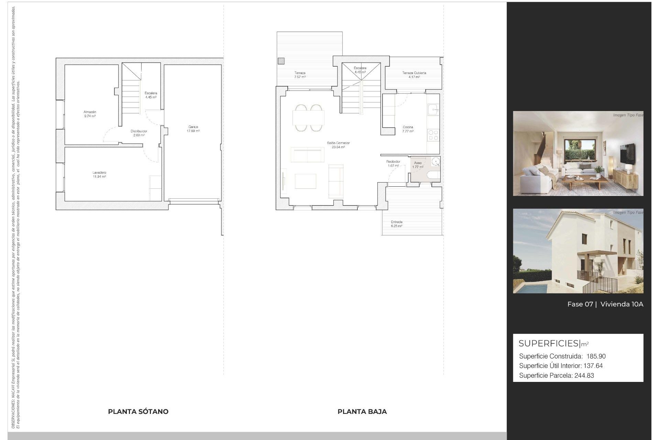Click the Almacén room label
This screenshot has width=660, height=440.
[90, 112]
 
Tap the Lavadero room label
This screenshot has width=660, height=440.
[99, 173]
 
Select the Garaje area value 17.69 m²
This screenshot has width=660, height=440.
[193, 131]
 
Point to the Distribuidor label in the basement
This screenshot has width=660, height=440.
[139, 131]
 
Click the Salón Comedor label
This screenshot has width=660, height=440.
[338, 143]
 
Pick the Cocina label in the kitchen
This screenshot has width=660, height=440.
[408, 127]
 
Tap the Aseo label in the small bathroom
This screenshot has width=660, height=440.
[418, 163]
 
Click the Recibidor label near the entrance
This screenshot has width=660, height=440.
[393, 162]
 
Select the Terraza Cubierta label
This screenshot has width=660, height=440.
[414, 73]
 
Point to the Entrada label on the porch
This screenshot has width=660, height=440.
[396, 222]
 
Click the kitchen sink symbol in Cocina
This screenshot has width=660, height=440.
[433, 110]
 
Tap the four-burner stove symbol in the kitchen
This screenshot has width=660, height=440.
[433, 135]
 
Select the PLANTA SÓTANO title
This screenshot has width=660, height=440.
[138, 411]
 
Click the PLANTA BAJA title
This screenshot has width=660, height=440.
[362, 411]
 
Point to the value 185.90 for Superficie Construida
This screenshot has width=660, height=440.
[596, 356]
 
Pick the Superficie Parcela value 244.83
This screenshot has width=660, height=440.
[584, 376]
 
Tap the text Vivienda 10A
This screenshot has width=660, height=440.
[621, 304]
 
